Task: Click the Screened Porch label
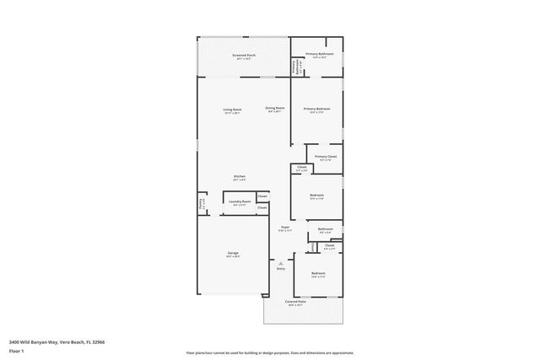coord(245,55)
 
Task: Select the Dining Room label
coord(275,108)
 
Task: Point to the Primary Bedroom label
coord(317,109)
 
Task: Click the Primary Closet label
coord(326,156)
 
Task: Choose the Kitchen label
coord(240,176)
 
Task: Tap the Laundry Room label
coord(240,201)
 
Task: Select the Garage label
coord(232,253)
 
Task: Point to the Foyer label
coord(285,227)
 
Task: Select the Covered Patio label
coord(294,302)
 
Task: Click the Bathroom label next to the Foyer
coord(325,229)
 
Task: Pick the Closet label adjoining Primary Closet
coord(302,167)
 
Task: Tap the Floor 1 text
coord(16,350)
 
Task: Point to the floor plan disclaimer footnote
coord(270,353)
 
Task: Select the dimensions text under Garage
coord(232,257)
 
